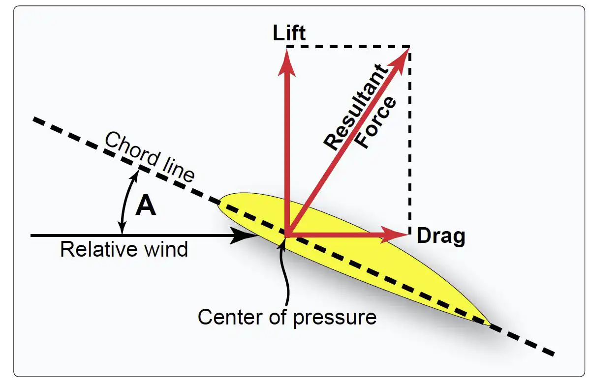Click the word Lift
289,33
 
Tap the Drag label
440,236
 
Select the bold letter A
146,206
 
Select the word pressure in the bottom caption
335,318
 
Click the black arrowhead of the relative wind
246,235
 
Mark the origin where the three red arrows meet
287,235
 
